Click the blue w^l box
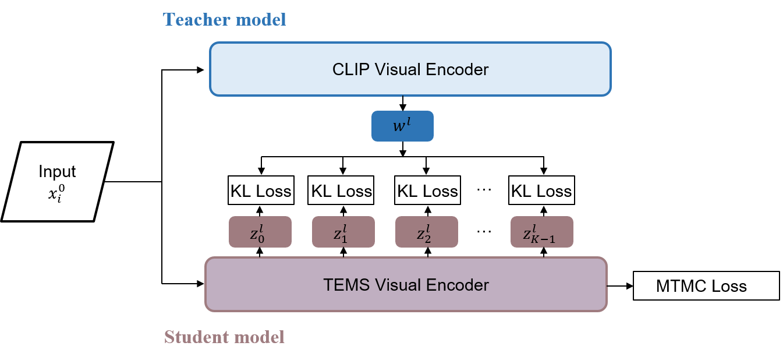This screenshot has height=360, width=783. coord(402,126)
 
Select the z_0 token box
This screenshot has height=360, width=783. coord(260,232)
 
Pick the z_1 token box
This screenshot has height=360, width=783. coord(343,232)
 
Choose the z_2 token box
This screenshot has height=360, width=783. coord(426,232)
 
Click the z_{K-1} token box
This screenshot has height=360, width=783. coord(541,232)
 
